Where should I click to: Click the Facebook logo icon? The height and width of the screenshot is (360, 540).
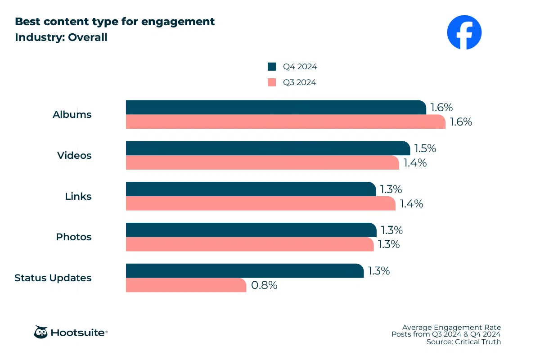[x=464, y=32]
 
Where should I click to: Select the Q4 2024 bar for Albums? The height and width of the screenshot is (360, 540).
[x=275, y=108]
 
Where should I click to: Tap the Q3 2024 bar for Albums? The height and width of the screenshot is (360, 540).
[x=285, y=122]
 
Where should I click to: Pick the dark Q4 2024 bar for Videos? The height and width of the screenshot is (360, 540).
[x=268, y=148]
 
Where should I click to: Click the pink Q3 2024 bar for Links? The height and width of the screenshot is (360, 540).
[x=261, y=203]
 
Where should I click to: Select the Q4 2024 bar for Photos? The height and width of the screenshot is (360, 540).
[x=251, y=230]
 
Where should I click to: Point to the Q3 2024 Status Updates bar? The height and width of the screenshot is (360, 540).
[x=186, y=285]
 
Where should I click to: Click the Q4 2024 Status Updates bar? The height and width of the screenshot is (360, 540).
[x=244, y=271]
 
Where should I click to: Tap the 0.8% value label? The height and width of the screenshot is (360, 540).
[x=264, y=285]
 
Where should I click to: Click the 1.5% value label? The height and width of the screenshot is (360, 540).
[x=425, y=148]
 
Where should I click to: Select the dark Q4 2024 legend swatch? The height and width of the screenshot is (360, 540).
[x=272, y=67]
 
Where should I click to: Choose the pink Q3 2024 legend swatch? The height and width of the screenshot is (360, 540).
[x=272, y=82]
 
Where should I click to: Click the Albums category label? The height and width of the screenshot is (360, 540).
[x=72, y=115]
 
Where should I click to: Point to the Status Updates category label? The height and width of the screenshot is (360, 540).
[x=53, y=278]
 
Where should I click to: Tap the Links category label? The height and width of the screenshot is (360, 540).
[x=78, y=197]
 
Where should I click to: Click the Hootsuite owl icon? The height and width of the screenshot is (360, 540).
[x=41, y=333]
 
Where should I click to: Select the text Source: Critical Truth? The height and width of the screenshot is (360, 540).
[x=463, y=342]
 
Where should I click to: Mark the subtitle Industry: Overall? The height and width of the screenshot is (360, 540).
[x=61, y=37]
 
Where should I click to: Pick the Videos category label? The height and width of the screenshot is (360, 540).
[x=74, y=156]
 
